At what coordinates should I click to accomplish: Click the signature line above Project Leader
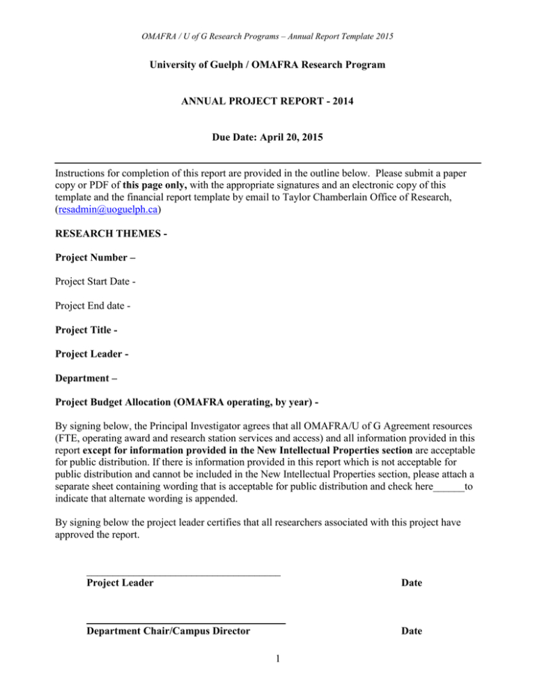[x=183, y=575]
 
